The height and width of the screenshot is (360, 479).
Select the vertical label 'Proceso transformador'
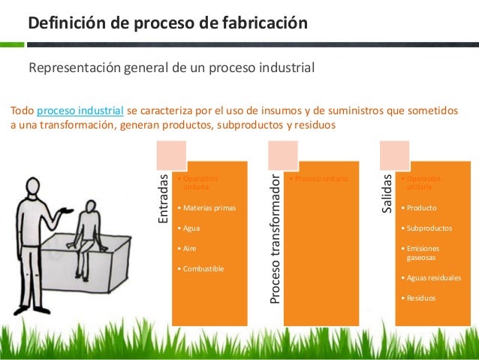[x=276, y=239]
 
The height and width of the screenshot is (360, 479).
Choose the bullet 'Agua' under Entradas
[x=190, y=227]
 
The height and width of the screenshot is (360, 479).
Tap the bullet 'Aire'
[x=188, y=247]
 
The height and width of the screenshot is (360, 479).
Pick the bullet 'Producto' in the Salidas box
[x=421, y=207]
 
